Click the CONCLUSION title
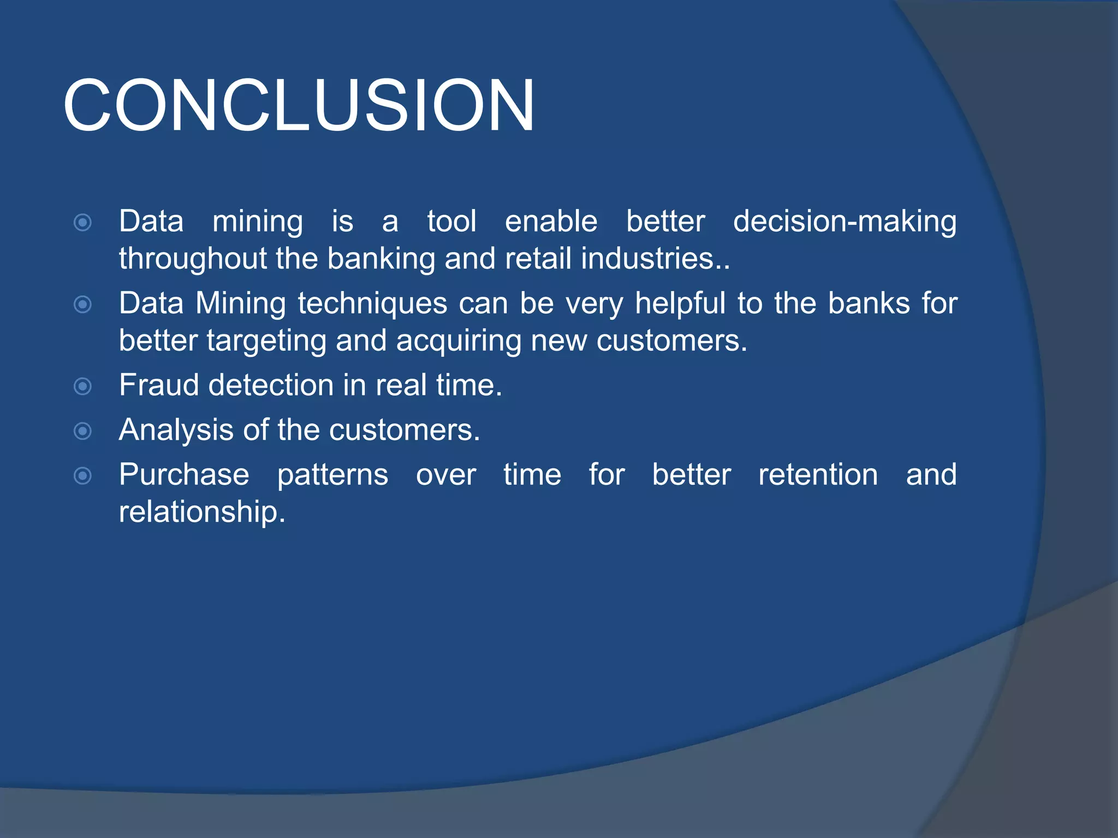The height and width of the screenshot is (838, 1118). [x=299, y=105]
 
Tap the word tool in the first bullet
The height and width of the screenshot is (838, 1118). [x=451, y=222]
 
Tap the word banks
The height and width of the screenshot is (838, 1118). [x=869, y=303]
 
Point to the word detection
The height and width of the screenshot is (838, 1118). [x=271, y=385]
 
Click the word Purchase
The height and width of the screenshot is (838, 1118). [x=184, y=475]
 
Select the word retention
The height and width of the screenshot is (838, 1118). [x=818, y=475]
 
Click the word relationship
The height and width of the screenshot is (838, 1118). [x=202, y=512]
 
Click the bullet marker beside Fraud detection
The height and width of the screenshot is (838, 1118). [x=82, y=387]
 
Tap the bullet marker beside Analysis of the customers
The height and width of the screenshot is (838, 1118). [x=82, y=432]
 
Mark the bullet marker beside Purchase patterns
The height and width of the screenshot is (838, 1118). [x=82, y=476]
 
